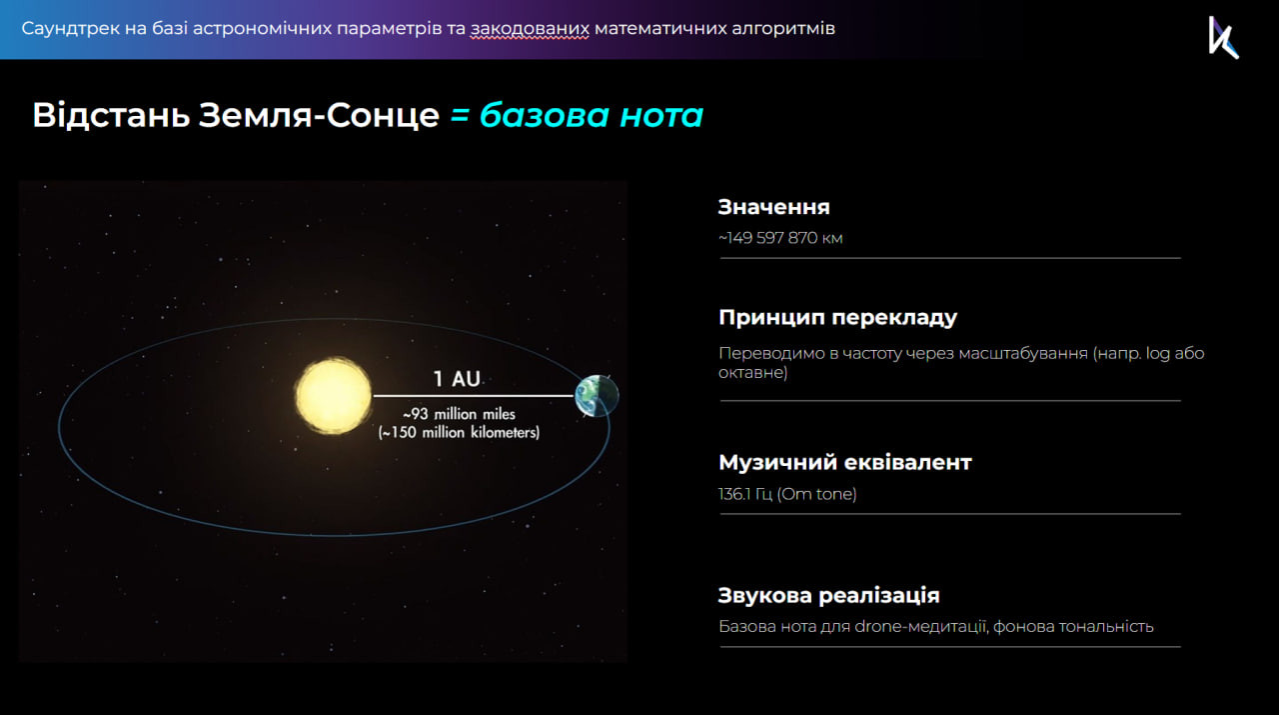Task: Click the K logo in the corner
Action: pyautogui.click(x=1223, y=37)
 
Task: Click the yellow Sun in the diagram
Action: pyautogui.click(x=334, y=396)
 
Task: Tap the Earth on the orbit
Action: pyautogui.click(x=597, y=396)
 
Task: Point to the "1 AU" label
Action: pyautogui.click(x=457, y=378)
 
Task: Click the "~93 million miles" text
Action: pyautogui.click(x=459, y=414)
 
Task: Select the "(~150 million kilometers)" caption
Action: pyautogui.click(x=459, y=432)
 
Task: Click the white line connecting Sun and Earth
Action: pyautogui.click(x=474, y=396)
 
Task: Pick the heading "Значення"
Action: pyautogui.click(x=773, y=207)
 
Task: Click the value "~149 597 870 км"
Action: pyautogui.click(x=780, y=238)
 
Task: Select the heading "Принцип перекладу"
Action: pyautogui.click(x=837, y=318)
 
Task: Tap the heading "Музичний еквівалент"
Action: pyautogui.click(x=845, y=462)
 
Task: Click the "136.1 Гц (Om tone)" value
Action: pyautogui.click(x=787, y=494)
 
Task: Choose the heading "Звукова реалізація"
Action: pyautogui.click(x=828, y=596)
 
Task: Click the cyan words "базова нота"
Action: pyautogui.click(x=591, y=115)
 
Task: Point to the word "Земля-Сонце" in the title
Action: pyautogui.click(x=319, y=115)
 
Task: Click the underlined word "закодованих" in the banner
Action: pyautogui.click(x=530, y=29)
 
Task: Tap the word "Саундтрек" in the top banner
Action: pyautogui.click(x=70, y=29)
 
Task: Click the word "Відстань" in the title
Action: pyautogui.click(x=111, y=115)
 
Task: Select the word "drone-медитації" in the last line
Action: pyautogui.click(x=921, y=626)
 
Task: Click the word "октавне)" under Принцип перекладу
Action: pyautogui.click(x=752, y=373)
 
